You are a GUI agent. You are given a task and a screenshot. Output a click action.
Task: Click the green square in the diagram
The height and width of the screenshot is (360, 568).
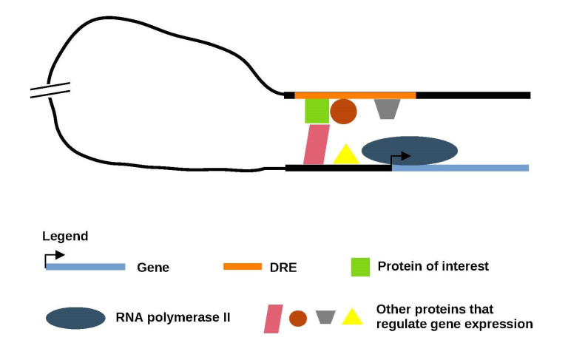point(317,111)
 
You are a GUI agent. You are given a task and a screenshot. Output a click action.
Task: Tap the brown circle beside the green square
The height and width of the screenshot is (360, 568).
point(343,112)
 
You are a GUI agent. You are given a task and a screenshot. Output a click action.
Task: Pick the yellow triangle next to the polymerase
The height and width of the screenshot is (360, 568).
point(345,155)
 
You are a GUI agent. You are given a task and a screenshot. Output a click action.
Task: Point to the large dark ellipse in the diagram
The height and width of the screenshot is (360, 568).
point(409,150)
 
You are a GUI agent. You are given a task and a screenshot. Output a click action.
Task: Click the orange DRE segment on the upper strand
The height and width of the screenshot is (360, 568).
point(355,95)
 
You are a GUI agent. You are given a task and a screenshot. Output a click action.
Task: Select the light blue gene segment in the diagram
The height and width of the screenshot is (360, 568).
point(460,168)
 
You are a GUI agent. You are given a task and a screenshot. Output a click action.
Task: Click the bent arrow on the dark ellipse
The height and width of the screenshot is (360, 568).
point(400,157)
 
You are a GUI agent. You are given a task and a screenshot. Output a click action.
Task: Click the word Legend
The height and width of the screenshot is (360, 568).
point(65,237)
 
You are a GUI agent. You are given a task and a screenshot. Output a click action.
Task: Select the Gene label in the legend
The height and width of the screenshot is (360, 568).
point(153,268)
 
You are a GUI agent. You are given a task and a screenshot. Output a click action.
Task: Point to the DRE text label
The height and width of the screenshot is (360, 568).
point(284,268)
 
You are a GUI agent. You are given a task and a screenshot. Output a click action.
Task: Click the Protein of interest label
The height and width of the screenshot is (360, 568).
point(433,266)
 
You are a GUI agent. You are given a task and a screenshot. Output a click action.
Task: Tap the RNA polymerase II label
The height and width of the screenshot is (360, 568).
point(173,318)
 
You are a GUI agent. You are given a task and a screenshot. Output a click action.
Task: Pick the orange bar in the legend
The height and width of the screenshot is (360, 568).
point(243,266)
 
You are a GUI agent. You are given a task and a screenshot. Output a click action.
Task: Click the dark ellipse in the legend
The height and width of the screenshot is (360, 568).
point(75,318)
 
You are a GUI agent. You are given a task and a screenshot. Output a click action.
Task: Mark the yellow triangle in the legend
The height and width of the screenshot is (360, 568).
point(352,317)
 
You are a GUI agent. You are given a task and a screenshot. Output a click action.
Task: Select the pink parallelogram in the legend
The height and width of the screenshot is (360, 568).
point(274,318)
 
